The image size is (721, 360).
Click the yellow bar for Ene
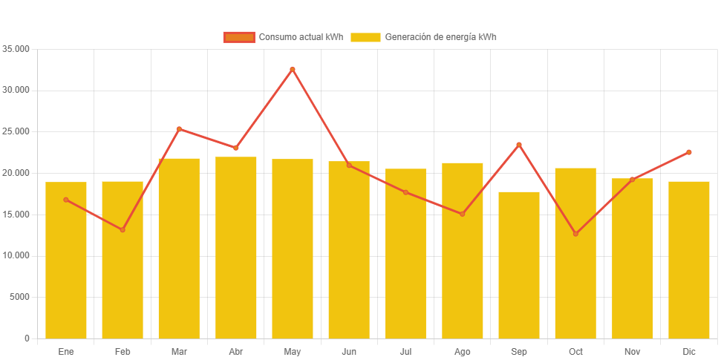coord(66,260)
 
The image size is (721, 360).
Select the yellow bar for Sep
coord(519,265)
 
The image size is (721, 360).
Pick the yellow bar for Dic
coord(689,260)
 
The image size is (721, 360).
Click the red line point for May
coord(293,69)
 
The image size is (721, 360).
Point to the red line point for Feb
coord(123,229)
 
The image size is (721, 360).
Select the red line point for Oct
coord(575,234)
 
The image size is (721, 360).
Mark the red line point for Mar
coord(179,129)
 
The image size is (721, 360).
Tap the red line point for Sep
coord(519,145)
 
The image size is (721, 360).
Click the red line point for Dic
coord(689,152)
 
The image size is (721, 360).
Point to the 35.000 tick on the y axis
coord(16,49)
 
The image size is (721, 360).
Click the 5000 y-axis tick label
coord(19,297)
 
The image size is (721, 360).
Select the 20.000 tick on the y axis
coord(16,173)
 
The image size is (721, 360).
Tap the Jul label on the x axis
coord(405,351)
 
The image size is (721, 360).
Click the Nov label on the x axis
coord(632,351)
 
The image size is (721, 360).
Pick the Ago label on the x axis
coord(462,351)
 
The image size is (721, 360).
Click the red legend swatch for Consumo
coord(239,37)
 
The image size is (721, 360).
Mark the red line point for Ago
coord(462,214)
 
